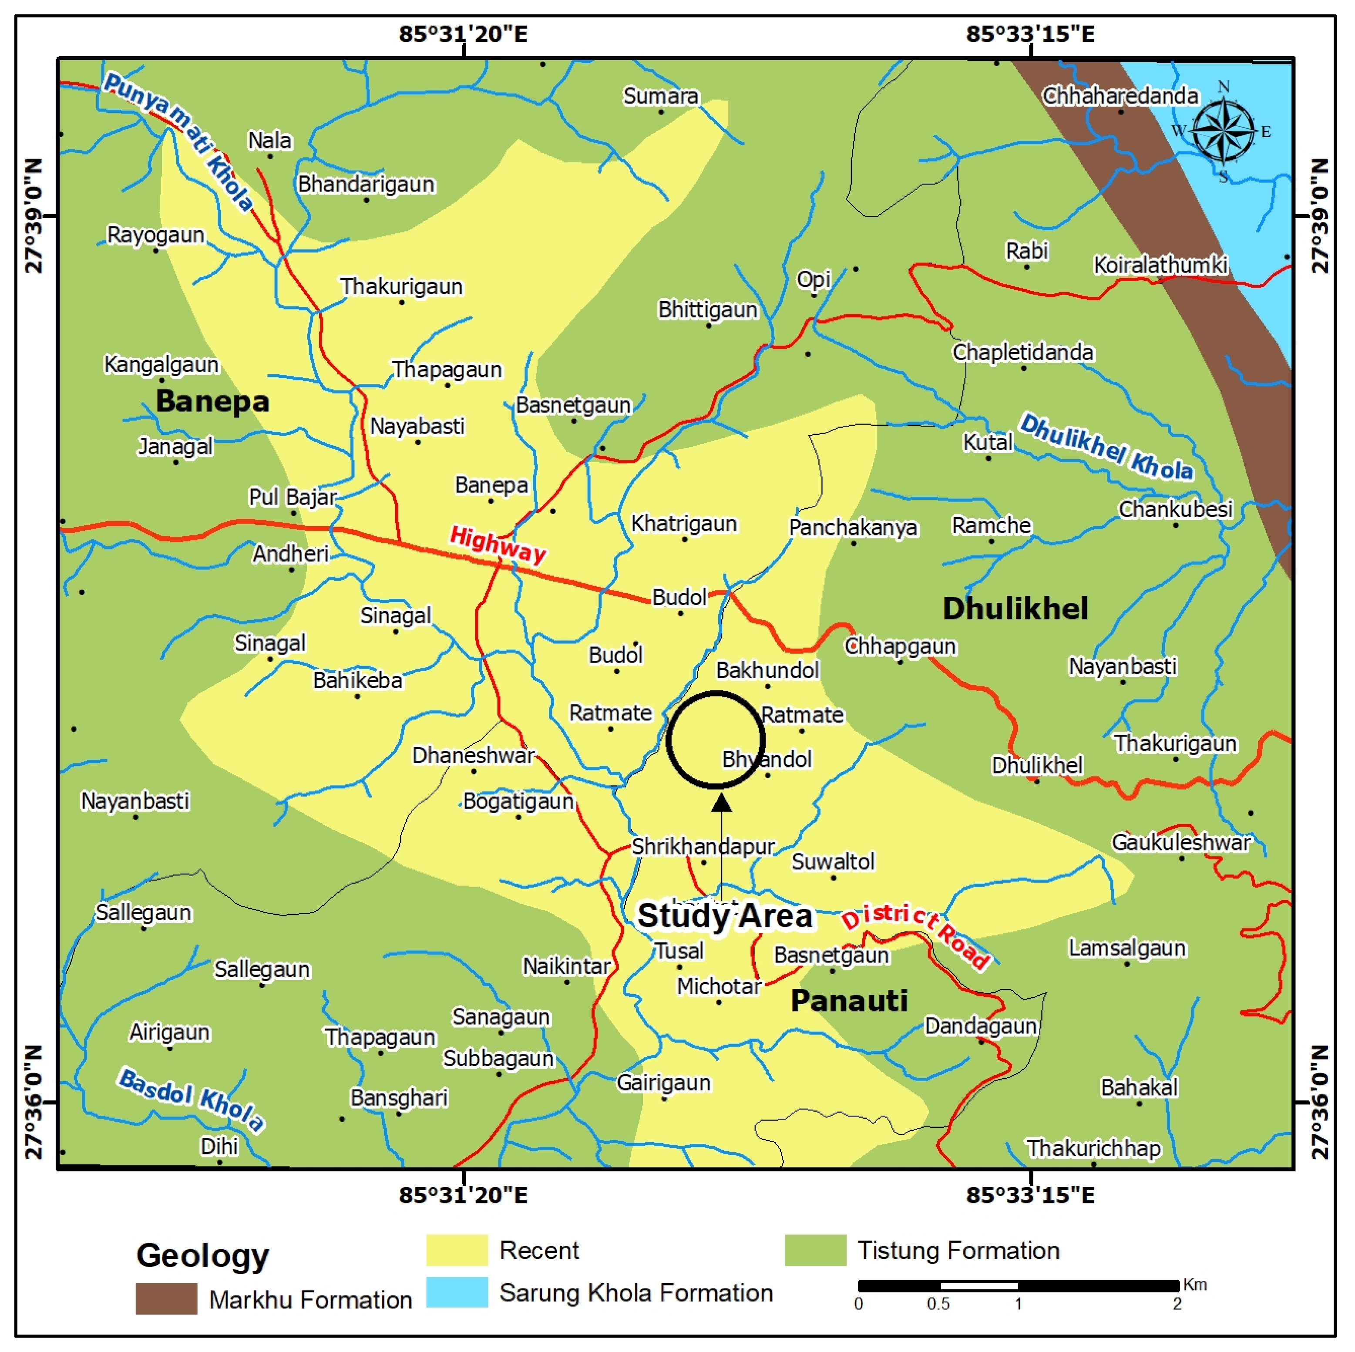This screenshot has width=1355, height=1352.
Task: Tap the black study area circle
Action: click(x=716, y=740)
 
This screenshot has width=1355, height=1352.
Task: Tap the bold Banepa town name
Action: click(x=212, y=402)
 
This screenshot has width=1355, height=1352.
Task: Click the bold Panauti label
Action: click(x=849, y=1001)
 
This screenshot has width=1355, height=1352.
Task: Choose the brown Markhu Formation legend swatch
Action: click(x=166, y=1299)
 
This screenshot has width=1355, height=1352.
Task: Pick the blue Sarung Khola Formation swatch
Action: click(x=457, y=1292)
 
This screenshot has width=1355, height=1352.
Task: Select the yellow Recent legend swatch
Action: click(x=457, y=1250)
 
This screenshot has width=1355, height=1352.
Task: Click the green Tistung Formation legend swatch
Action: click(x=815, y=1250)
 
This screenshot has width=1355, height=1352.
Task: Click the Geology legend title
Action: click(x=203, y=1255)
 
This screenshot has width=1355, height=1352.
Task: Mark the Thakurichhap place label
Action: click(x=1093, y=1149)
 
